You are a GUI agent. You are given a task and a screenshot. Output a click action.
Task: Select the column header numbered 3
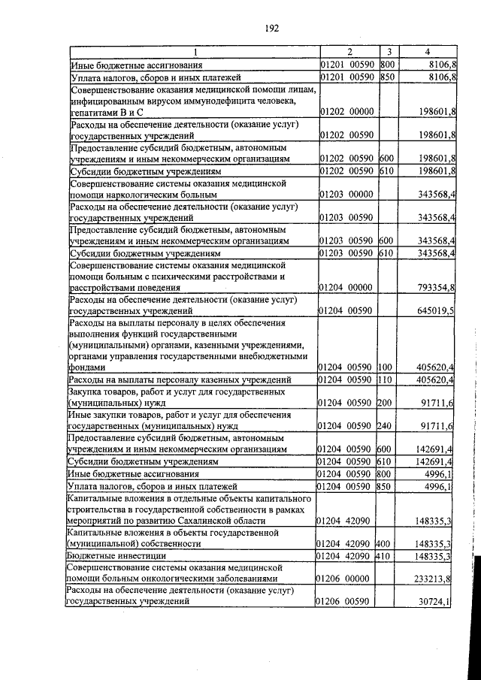pyautogui.click(x=389, y=52)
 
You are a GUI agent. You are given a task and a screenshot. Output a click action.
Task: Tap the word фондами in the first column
pyautogui.click(x=86, y=368)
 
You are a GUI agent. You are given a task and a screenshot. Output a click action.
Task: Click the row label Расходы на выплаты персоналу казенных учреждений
pyautogui.click(x=180, y=380)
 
